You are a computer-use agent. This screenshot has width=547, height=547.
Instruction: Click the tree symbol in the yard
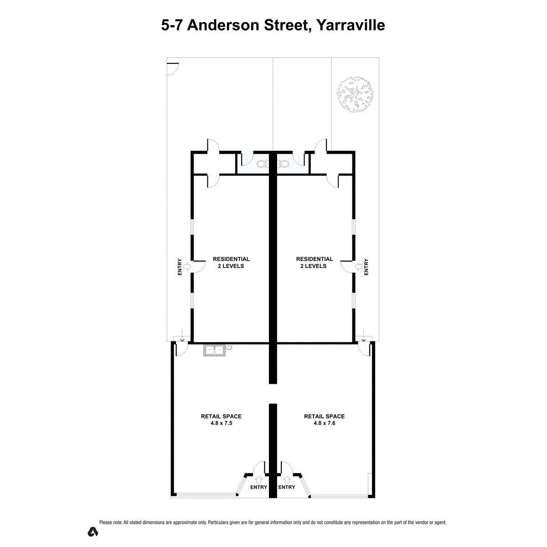click(355, 94)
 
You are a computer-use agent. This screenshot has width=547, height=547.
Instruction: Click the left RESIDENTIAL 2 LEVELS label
click(231, 262)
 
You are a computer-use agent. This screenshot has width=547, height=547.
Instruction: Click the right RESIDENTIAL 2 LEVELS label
click(314, 262)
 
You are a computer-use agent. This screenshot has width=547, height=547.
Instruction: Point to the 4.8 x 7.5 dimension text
click(221, 423)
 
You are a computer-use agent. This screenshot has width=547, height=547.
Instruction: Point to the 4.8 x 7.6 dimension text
click(324, 423)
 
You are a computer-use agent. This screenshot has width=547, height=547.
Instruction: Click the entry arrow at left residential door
click(187, 267)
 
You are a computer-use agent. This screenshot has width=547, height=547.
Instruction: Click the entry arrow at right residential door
click(359, 267)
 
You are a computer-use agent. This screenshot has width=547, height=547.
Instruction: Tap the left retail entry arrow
click(258, 480)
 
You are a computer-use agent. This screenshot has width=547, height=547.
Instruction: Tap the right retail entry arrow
click(287, 480)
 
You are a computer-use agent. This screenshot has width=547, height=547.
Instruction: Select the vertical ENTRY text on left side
click(180, 267)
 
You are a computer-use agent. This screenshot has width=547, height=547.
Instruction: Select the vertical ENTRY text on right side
click(366, 267)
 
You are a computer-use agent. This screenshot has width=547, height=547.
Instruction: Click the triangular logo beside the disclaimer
click(93, 532)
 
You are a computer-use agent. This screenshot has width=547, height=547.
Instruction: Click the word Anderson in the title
click(222, 25)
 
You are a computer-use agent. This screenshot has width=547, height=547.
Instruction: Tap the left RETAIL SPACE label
click(221, 417)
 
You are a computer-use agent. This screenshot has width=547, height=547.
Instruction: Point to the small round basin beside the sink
click(229, 346)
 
